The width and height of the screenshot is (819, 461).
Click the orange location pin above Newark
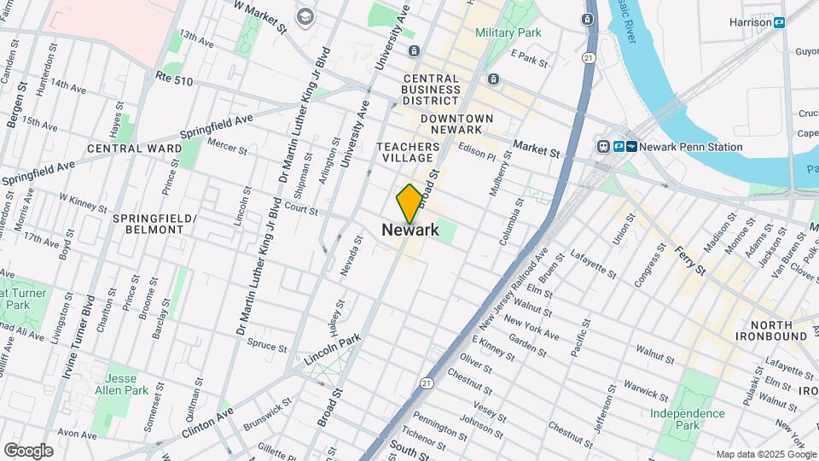point(409,202)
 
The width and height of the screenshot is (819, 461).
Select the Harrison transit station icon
point(779,23)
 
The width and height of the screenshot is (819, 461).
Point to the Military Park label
point(508,32)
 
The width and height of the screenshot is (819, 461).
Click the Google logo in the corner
point(28,450)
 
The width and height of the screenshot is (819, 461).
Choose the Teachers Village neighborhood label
point(408,153)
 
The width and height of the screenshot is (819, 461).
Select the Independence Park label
point(688,418)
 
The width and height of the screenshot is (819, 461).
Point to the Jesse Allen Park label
point(126,385)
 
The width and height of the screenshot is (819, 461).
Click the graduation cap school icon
point(305,16)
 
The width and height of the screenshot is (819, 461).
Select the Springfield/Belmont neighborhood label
point(154,225)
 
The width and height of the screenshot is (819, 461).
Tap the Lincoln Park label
point(333,351)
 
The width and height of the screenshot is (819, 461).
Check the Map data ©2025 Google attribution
point(764,454)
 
